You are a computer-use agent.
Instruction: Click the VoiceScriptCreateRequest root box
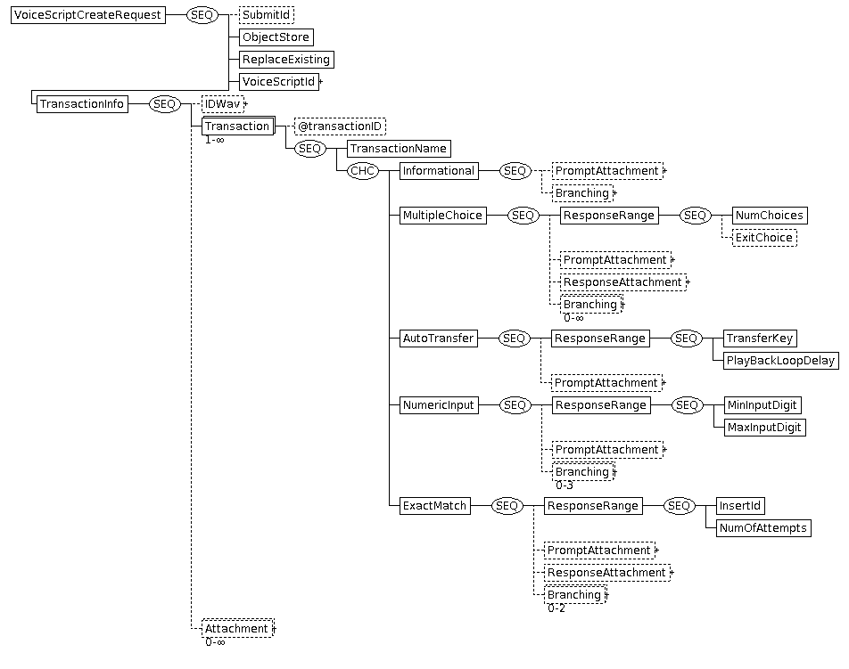tap(87, 15)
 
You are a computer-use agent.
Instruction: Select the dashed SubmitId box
tap(267, 15)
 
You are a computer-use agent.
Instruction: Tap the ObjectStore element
tap(276, 37)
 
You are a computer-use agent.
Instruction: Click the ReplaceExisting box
tap(286, 60)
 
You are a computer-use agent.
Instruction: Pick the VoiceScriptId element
tap(279, 82)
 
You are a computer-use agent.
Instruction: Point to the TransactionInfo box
tap(82, 104)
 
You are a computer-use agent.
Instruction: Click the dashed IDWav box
tap(223, 104)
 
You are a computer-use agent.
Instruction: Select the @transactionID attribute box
tap(340, 126)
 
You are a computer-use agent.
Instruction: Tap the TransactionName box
tap(399, 149)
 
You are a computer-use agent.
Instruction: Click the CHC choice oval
tap(363, 171)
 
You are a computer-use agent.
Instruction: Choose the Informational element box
tap(439, 171)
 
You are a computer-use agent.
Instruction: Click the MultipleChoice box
tap(442, 216)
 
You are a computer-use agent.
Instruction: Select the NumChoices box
tap(770, 216)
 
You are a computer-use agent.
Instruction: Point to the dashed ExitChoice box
tap(764, 238)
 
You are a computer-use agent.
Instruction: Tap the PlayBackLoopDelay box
tap(781, 361)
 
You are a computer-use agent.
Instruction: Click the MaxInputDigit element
tap(764, 428)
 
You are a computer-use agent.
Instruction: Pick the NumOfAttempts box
tap(763, 528)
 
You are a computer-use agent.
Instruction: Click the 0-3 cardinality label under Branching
tap(565, 485)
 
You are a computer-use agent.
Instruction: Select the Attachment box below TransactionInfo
tap(238, 628)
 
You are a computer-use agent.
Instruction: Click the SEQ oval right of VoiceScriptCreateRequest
tap(202, 15)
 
